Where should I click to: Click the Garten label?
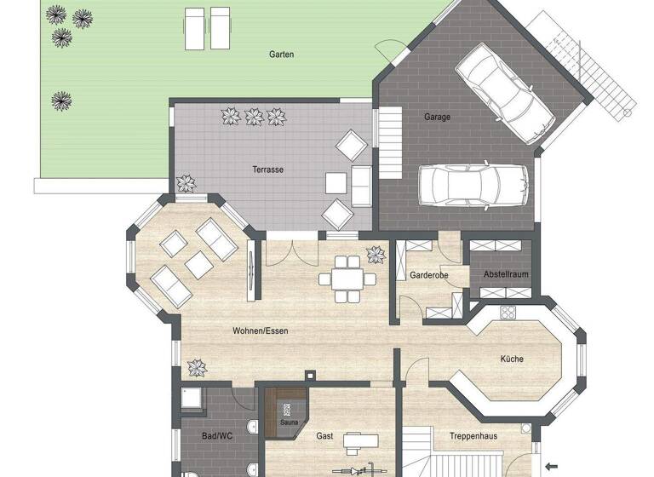[x=281, y=55]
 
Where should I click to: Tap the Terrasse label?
[x=267, y=170]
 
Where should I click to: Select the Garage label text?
[x=438, y=117]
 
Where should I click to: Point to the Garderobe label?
[x=423, y=276]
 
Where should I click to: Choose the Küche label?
[x=513, y=359]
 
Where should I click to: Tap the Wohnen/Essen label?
[x=258, y=330]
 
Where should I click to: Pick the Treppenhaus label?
[x=473, y=436]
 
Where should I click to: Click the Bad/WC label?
[x=217, y=436]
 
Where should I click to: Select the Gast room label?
[x=324, y=436]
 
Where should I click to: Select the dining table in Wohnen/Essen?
[x=347, y=278]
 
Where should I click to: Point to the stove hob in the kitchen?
[x=508, y=312]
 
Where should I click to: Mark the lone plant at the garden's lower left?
[x=61, y=101]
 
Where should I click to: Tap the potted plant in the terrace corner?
[x=185, y=183]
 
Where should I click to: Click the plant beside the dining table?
[x=375, y=255]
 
